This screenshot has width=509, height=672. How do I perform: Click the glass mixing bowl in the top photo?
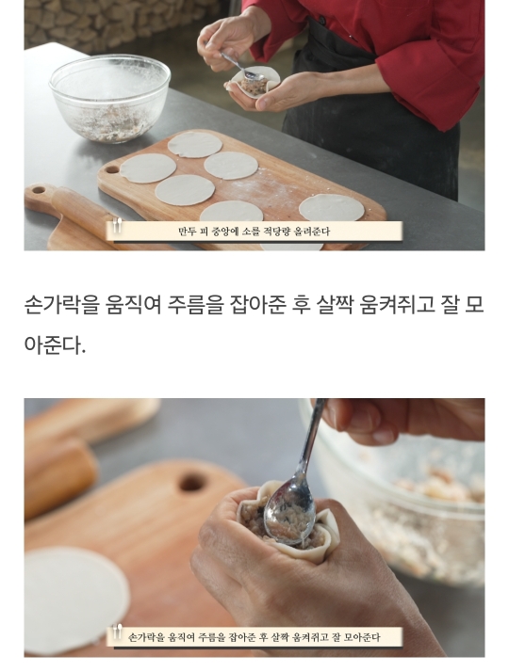(110, 98)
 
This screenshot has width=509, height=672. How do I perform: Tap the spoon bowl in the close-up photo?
(289, 516)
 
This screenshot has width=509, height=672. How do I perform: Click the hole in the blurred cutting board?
(192, 483)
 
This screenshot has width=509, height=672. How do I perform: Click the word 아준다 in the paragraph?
(53, 345)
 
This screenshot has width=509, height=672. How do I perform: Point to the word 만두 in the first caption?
(188, 232)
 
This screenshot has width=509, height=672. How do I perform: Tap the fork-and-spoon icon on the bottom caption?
(117, 632)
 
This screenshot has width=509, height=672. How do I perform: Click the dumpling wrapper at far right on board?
(332, 208)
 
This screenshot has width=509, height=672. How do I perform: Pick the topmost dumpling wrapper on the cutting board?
(195, 144)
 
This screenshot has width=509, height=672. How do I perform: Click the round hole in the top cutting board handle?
(112, 169)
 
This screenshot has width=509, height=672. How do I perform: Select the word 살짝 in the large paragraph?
(334, 305)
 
